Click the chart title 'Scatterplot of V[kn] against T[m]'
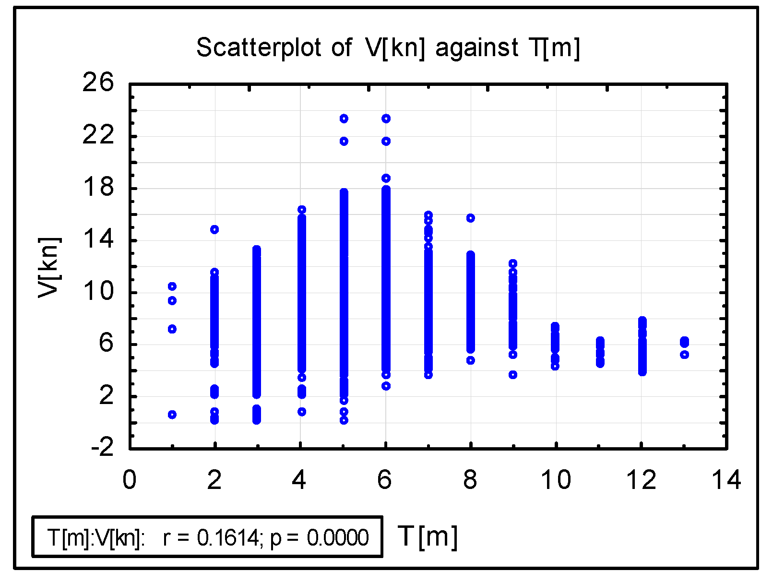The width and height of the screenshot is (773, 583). point(388,48)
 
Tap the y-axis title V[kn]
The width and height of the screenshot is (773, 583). point(48,267)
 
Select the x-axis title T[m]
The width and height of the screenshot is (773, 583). point(428,536)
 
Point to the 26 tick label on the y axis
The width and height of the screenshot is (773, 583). point(98,83)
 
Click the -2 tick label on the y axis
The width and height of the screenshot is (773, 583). point(102,448)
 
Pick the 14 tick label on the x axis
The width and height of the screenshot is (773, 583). point(726,480)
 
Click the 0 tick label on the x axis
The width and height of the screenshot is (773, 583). point(130,480)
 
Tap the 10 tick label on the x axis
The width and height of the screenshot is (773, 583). point(556,480)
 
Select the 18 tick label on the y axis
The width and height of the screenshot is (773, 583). point(98,187)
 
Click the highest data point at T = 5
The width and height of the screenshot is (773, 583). point(344,119)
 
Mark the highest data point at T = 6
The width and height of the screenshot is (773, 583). point(386,119)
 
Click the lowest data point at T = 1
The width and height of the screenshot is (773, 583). point(172,415)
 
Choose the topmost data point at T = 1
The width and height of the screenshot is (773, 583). point(172,286)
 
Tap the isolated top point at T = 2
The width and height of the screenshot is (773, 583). point(214,229)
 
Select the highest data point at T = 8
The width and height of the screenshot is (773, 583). point(471,218)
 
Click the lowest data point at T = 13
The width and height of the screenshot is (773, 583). point(685,355)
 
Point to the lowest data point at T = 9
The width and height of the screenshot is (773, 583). point(513,375)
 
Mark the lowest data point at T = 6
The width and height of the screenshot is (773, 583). point(386,386)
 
